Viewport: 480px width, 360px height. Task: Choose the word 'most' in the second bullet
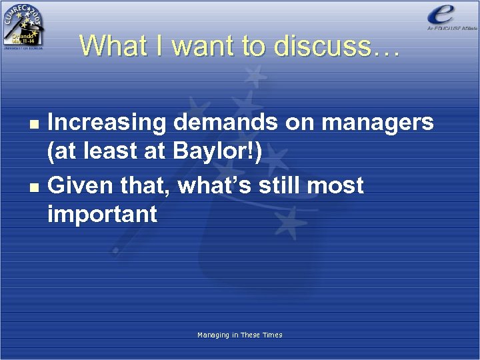coord(340,184)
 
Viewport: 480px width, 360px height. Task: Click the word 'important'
coord(102,215)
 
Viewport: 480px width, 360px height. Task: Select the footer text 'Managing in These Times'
coord(240,335)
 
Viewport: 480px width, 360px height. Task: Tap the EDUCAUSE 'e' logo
coord(443,16)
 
